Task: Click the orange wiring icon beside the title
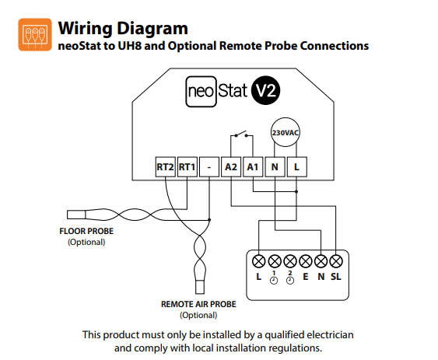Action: point(35,35)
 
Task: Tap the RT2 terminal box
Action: point(166,167)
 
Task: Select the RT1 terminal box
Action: point(187,167)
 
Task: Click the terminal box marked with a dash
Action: point(209,167)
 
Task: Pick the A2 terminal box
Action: point(231,167)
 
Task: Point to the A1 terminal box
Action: point(253,167)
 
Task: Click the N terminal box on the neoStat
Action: point(275,167)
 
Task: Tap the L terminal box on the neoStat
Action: point(297,167)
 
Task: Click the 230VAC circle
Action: point(286,132)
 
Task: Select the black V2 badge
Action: point(265,90)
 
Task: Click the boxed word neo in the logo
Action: point(201,91)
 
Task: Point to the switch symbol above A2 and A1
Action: point(241,135)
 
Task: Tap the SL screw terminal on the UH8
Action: point(336,261)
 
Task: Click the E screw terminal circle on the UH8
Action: point(305,261)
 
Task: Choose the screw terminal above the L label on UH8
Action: point(258,261)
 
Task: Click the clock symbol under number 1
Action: point(274,281)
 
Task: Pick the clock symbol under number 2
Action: point(290,281)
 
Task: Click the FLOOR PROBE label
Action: point(86,231)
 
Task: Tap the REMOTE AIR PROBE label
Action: point(198,304)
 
